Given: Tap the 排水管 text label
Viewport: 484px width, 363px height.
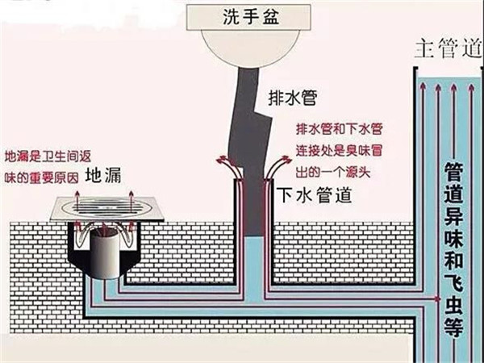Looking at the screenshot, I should point(291,98).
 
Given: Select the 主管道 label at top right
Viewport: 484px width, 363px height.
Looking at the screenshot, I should point(448,50).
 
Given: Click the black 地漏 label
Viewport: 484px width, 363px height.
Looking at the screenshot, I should point(104,174).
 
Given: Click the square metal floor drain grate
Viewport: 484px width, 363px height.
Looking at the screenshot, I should point(105,208).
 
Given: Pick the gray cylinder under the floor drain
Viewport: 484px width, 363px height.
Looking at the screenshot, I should point(106,250).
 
